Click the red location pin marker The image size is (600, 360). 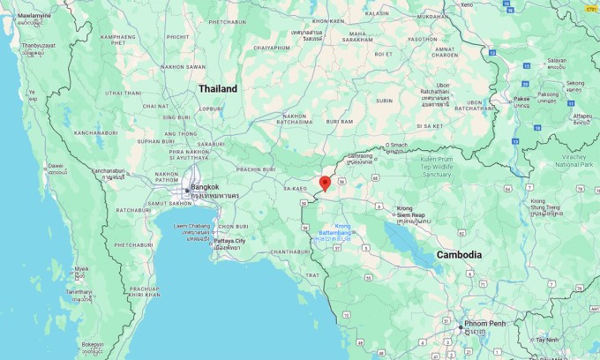click(325, 184)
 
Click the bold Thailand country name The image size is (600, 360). click(218, 89)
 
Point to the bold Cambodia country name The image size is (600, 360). click(460, 255)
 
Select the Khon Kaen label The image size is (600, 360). click(327, 19)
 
